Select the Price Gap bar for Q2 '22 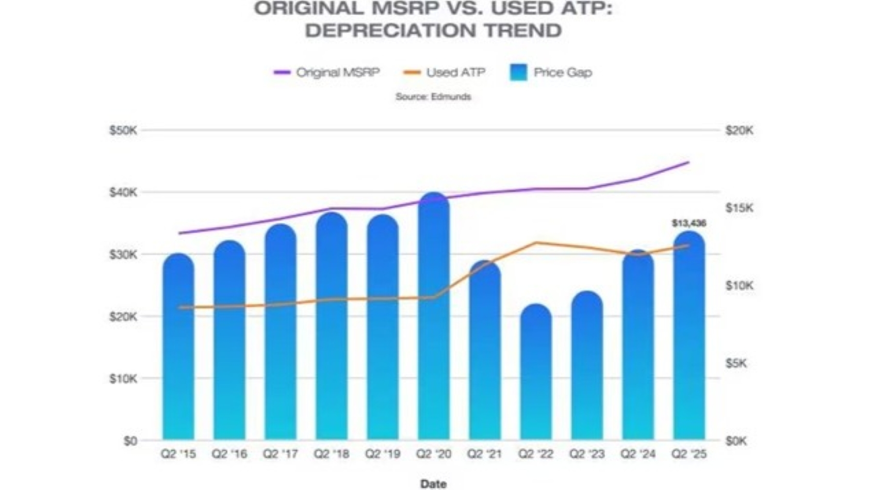(536, 377)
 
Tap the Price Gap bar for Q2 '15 (178, 351)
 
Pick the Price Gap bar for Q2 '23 (587, 371)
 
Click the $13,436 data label (688, 223)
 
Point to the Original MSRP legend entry (326, 72)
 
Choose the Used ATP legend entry (445, 72)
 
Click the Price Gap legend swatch (518, 72)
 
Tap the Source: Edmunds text (433, 96)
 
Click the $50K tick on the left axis (123, 130)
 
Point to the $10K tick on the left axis (123, 379)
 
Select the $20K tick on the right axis (739, 130)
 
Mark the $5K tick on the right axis (736, 363)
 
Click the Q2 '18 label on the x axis (332, 454)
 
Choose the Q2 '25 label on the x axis (689, 454)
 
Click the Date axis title (433, 483)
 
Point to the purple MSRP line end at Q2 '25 (688, 162)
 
